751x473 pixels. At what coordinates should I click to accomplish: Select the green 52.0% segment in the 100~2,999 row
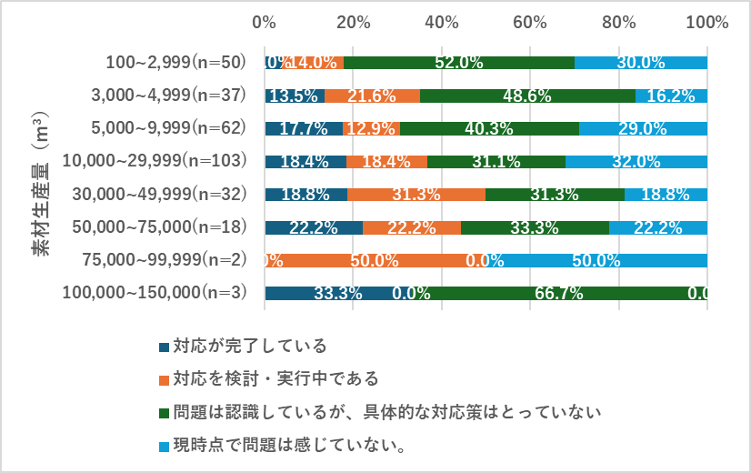coord(459,63)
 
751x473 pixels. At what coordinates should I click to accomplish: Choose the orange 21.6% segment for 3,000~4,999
coord(372,96)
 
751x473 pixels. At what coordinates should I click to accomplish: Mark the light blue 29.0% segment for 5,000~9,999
coord(643,128)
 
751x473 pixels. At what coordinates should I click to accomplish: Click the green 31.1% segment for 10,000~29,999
coord(496,162)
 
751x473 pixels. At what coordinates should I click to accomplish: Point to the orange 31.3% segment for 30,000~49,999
coord(416,195)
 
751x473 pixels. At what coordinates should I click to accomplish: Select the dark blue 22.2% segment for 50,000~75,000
coord(314,227)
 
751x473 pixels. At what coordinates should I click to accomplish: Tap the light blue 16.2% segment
coord(671,96)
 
